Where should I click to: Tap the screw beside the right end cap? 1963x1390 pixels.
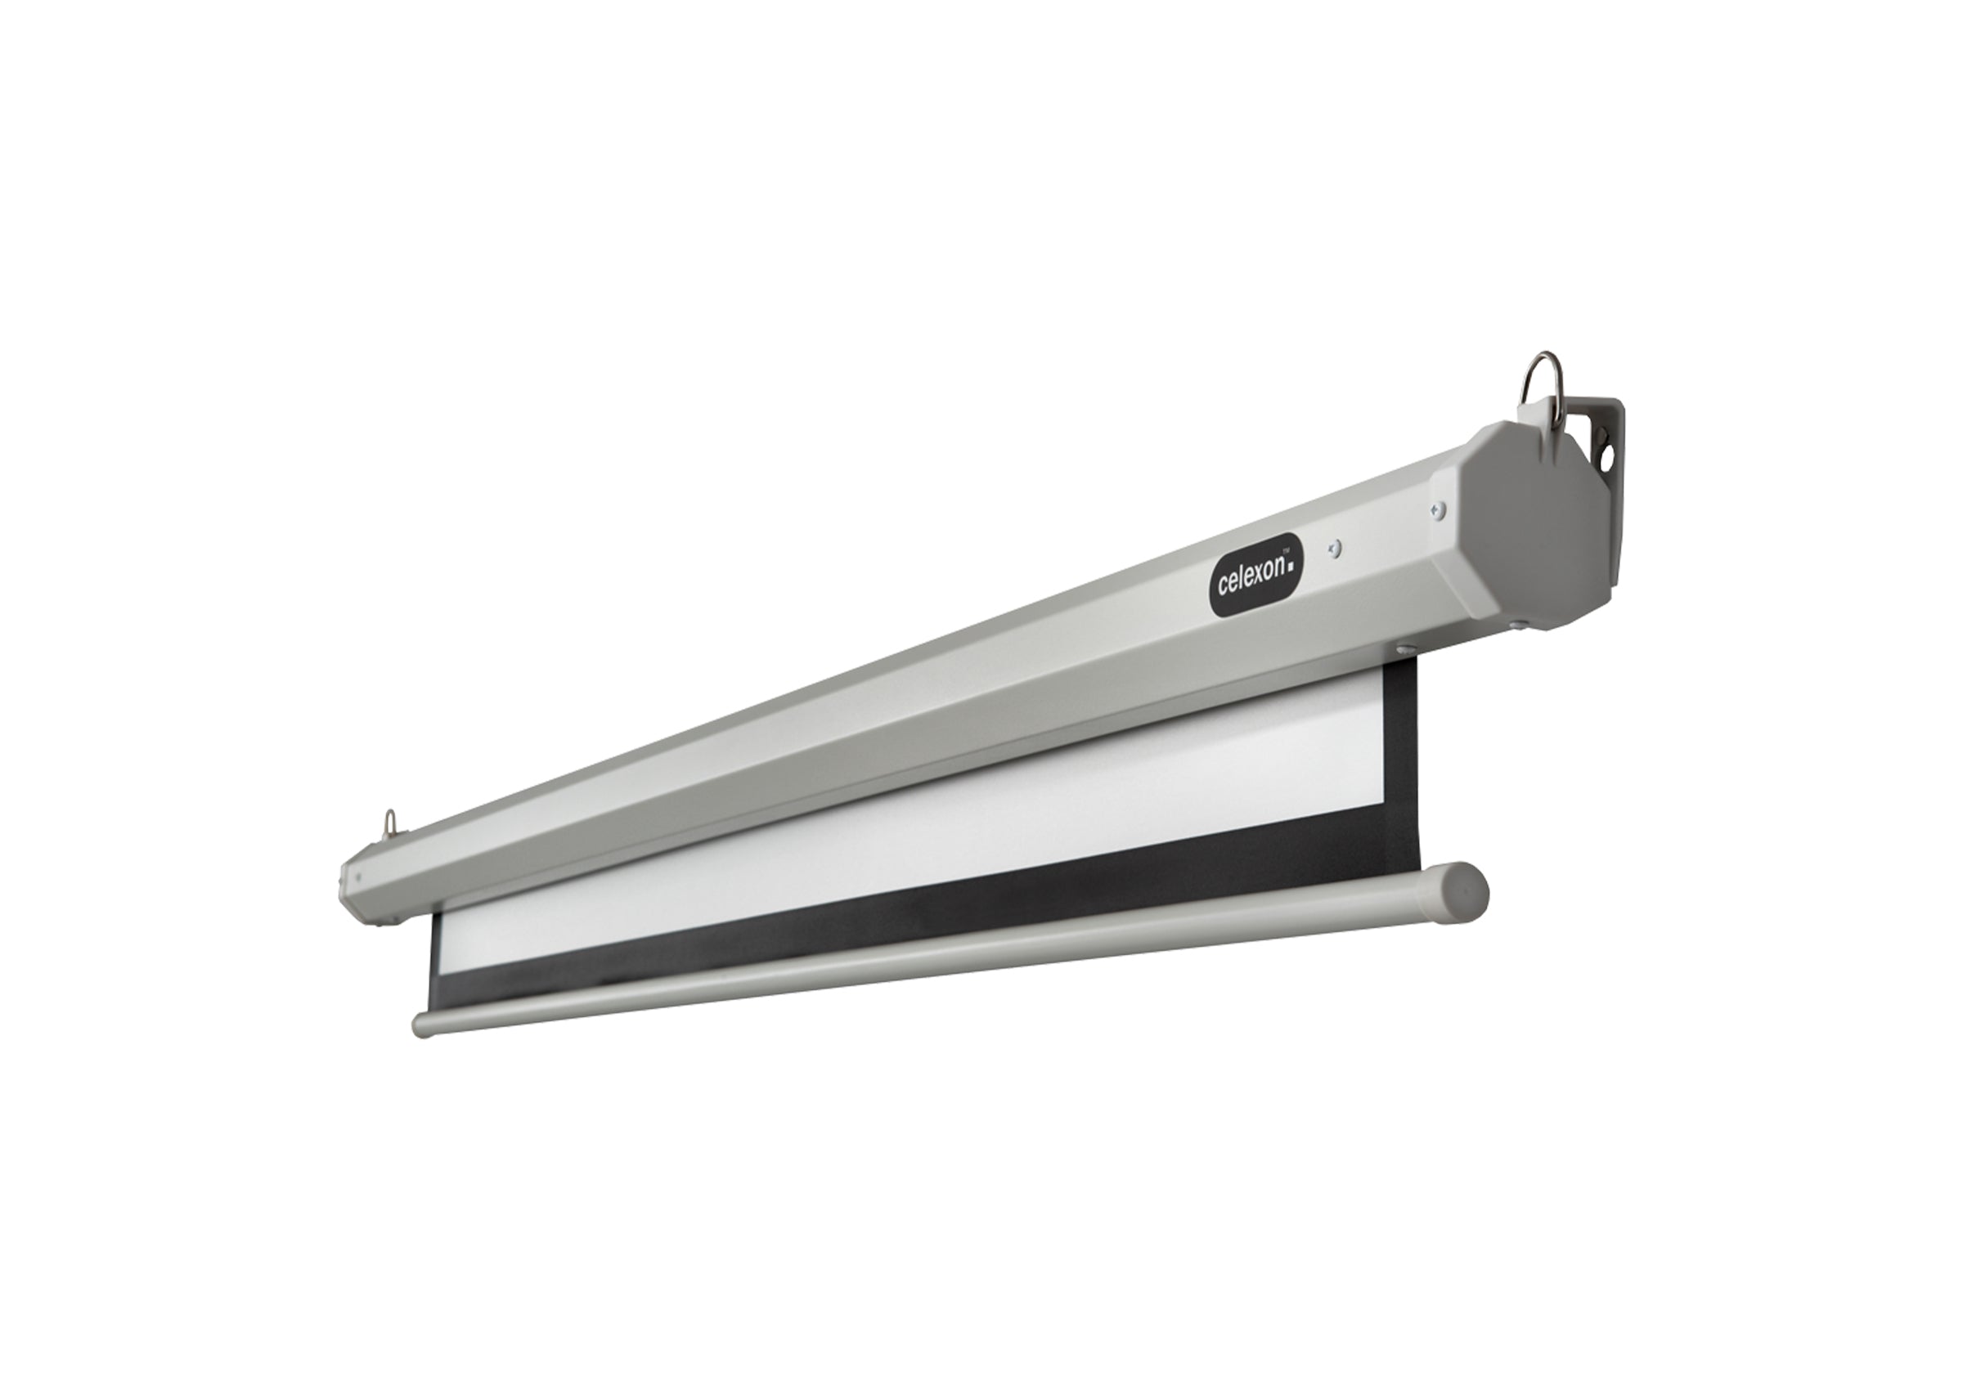(1438, 511)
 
